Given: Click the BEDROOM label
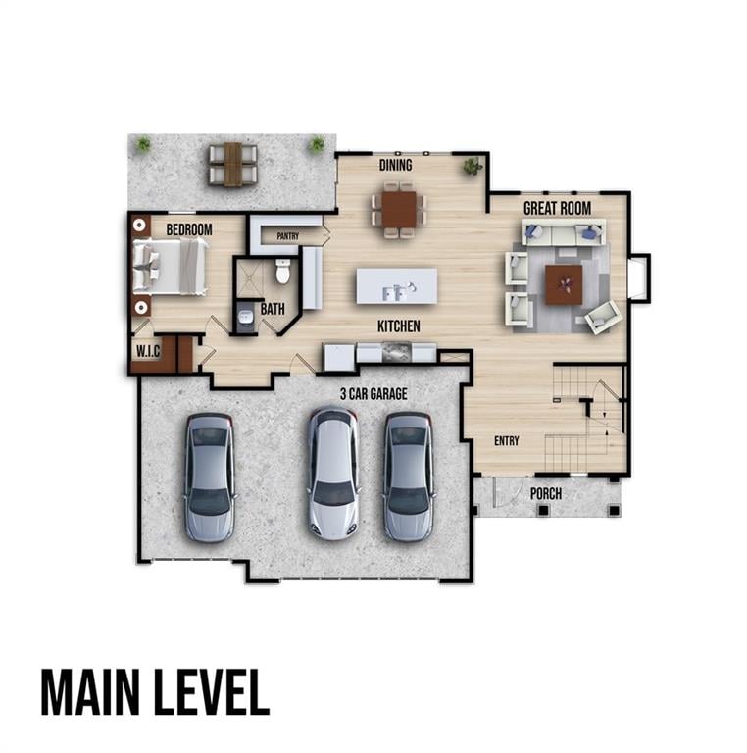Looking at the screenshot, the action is click(x=189, y=229).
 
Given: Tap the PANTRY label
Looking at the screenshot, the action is click(x=287, y=236).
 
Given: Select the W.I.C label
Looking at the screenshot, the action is click(x=148, y=351).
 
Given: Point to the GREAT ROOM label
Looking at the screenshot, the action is click(x=557, y=209).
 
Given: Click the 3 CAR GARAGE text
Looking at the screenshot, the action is click(x=373, y=394).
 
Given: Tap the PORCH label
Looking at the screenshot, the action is click(x=546, y=494).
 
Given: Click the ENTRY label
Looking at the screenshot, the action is click(x=507, y=441).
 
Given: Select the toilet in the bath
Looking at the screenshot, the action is click(x=282, y=272).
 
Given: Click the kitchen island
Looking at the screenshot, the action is click(x=397, y=286).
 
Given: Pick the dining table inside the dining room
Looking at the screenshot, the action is click(x=399, y=210).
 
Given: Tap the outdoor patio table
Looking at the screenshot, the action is click(x=233, y=165).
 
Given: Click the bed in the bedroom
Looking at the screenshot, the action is click(x=170, y=267).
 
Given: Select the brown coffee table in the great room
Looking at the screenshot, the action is click(x=564, y=284).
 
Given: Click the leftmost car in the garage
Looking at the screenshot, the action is click(x=209, y=477).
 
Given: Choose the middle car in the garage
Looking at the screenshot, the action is click(x=333, y=474).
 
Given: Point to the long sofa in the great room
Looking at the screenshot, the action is click(x=564, y=233).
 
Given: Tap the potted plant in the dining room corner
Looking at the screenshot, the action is click(x=473, y=166).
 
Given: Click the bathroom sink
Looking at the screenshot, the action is click(x=246, y=317).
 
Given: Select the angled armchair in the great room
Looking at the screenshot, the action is click(x=603, y=317).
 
